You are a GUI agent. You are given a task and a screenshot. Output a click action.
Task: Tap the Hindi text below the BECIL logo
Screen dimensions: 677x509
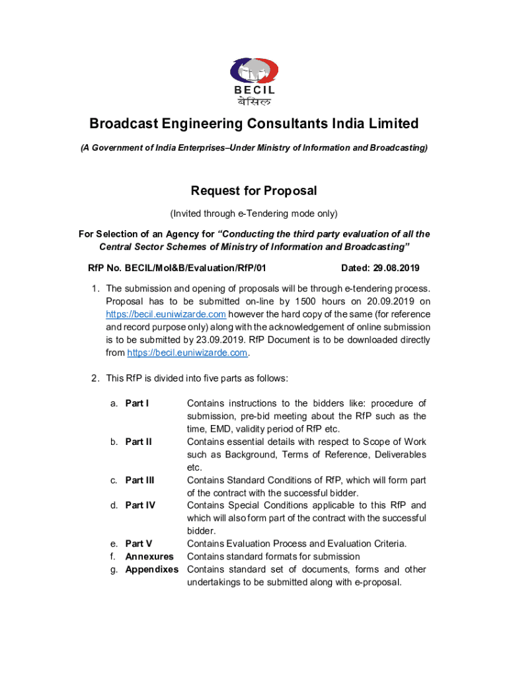(x=255, y=101)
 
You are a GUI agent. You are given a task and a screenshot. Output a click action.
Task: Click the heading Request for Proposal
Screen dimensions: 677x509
(x=254, y=191)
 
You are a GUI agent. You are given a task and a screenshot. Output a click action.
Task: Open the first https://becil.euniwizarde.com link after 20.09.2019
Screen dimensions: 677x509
(x=166, y=314)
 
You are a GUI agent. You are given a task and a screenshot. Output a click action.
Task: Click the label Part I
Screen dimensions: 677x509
(x=137, y=403)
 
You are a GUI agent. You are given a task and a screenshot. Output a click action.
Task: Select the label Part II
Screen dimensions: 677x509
(x=138, y=442)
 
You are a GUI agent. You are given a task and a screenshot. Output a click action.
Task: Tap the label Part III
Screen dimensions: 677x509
(x=139, y=480)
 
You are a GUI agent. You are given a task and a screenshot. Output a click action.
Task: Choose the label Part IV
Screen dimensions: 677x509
(x=140, y=505)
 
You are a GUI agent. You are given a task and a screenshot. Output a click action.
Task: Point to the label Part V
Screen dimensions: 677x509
(x=139, y=544)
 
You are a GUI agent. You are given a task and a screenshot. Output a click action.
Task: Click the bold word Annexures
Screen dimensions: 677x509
(x=149, y=557)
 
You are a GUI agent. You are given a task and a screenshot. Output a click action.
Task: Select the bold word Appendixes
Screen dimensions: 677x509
(x=151, y=569)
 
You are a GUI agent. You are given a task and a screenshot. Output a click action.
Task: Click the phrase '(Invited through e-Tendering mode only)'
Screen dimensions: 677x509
(x=254, y=214)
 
